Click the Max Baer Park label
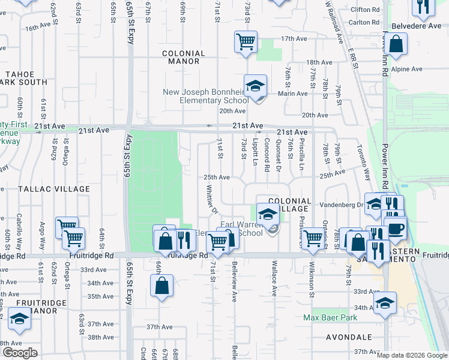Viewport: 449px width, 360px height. [x=330, y=317]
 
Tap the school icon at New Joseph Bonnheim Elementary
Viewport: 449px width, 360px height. [x=255, y=86]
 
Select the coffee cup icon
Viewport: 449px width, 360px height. [x=395, y=229]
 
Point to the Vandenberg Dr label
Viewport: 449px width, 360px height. [x=343, y=205]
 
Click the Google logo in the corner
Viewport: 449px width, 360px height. [x=20, y=352]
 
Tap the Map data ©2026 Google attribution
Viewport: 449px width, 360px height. [x=412, y=355]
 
